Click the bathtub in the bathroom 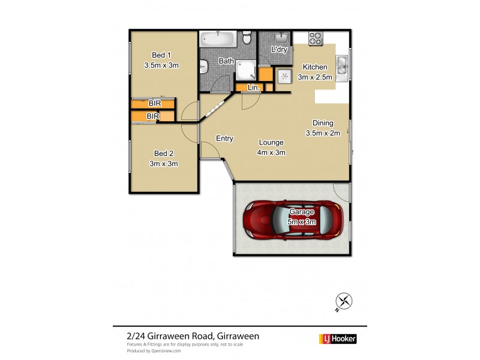point(218,39)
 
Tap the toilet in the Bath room point(247,39)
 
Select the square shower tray point(245,70)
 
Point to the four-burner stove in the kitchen point(316,38)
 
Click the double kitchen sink point(342,66)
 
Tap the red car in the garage point(293,219)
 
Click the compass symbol point(344,302)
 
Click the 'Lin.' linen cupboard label point(254,88)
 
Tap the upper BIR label point(154,104)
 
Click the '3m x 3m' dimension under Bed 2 point(163,163)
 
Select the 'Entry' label point(224,139)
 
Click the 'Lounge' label point(271,142)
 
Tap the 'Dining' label point(323,123)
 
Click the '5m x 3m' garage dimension point(302,221)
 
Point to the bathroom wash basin point(205,65)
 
